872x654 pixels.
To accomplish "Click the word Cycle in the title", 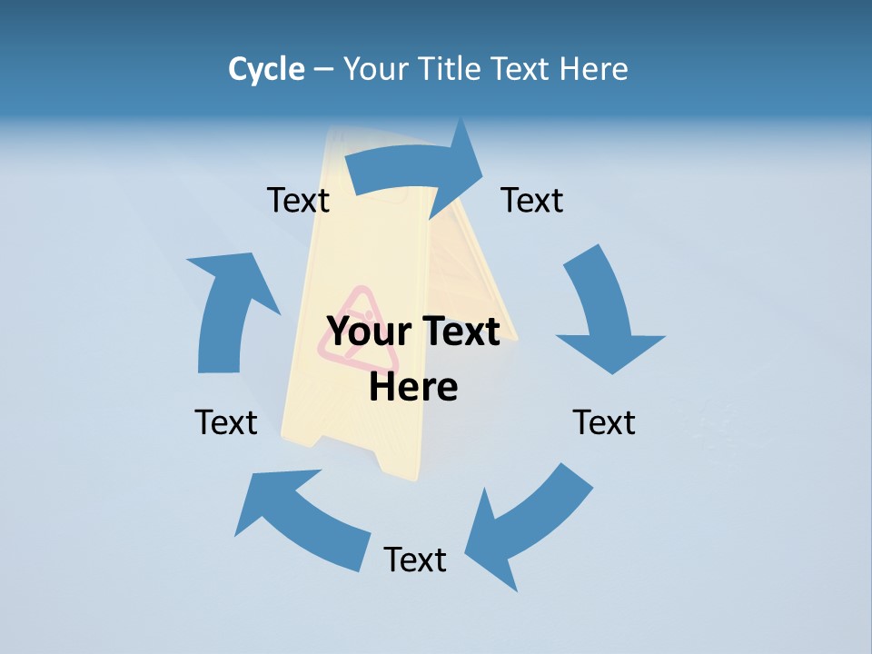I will point(266,69).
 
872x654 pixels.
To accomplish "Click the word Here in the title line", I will point(591,69).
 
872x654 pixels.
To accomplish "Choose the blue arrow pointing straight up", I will point(227,309).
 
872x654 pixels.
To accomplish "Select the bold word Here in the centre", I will point(413,387).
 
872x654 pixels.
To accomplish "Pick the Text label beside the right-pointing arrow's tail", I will point(298,200).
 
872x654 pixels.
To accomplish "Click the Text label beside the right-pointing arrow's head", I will point(532,200).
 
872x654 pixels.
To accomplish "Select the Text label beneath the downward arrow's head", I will point(604,422).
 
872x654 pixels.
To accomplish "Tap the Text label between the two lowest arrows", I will point(415,560).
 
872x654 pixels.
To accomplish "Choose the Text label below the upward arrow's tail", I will point(226,422).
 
